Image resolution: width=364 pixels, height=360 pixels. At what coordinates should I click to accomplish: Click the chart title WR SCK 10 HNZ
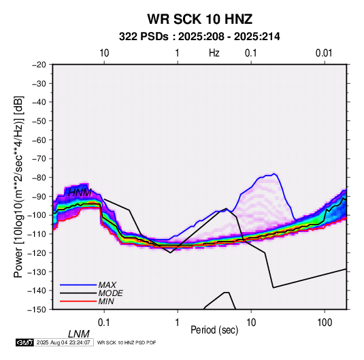[199, 19]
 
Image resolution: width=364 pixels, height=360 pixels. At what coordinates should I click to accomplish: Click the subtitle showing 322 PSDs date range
[199, 37]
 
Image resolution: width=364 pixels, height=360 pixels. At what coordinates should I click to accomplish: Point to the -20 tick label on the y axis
[39, 65]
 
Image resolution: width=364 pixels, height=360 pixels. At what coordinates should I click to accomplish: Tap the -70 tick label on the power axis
[39, 159]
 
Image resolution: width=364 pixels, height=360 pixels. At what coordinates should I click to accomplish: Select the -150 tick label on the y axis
[37, 310]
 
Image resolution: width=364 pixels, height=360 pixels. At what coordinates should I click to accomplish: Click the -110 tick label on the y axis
[37, 234]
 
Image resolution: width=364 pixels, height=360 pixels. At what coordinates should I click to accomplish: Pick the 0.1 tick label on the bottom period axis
[104, 323]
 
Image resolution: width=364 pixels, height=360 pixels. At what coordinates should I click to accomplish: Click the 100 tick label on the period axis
[325, 323]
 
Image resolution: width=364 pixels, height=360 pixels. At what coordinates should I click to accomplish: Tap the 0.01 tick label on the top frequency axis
[324, 53]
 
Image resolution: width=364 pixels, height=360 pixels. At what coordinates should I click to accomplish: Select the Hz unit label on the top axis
[214, 53]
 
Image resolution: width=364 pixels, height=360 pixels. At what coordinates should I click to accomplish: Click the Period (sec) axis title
[214, 330]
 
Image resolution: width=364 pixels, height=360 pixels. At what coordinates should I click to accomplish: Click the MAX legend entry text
[107, 284]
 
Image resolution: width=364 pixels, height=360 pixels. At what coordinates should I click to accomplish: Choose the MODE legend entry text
[110, 293]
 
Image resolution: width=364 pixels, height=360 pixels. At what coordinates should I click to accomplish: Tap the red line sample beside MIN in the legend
[78, 301]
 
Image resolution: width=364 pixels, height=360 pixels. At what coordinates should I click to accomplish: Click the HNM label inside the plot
[80, 193]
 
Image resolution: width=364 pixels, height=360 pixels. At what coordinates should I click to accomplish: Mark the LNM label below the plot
[79, 334]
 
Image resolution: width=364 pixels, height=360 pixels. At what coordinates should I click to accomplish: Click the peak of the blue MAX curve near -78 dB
[274, 174]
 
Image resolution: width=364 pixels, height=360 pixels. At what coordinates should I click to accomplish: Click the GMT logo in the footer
[25, 342]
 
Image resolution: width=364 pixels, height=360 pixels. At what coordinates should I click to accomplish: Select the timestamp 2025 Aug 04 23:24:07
[63, 342]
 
